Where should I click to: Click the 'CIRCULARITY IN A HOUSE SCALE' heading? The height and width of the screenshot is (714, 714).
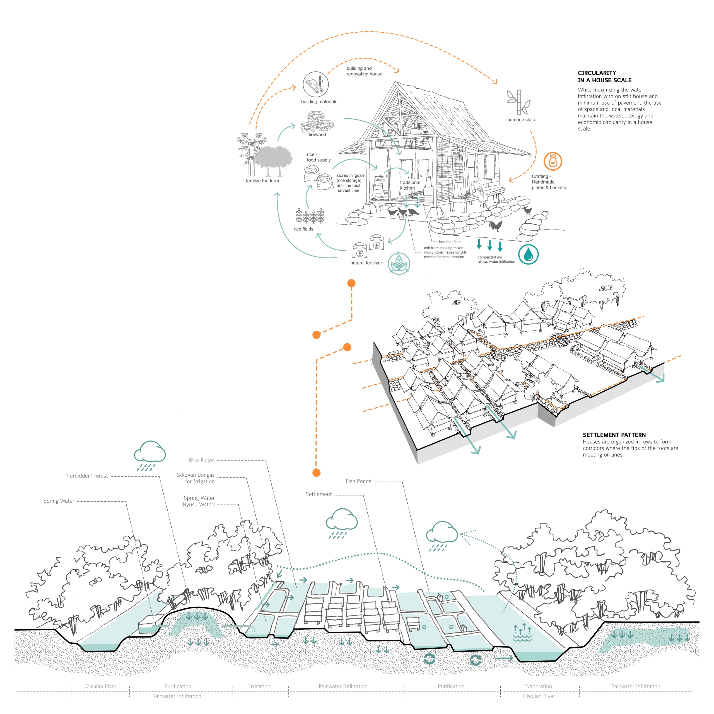pyautogui.click(x=605, y=76)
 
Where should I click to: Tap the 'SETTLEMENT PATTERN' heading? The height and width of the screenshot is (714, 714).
pyautogui.click(x=614, y=435)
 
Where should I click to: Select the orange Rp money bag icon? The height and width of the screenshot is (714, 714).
pyautogui.click(x=553, y=161)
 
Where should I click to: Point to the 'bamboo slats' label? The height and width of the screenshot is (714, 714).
pyautogui.click(x=521, y=120)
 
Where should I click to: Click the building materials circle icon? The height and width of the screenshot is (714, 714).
pyautogui.click(x=316, y=84)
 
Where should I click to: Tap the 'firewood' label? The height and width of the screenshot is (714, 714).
pyautogui.click(x=317, y=134)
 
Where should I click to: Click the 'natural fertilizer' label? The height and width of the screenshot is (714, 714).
pyautogui.click(x=366, y=263)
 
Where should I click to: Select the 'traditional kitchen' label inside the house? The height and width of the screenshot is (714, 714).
pyautogui.click(x=410, y=185)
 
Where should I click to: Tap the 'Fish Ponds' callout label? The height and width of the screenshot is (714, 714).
pyautogui.click(x=358, y=481)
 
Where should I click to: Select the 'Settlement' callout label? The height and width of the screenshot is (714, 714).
pyautogui.click(x=319, y=494)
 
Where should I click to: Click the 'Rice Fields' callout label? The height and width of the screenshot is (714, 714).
pyautogui.click(x=201, y=460)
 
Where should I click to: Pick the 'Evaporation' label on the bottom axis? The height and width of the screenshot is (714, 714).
pyautogui.click(x=538, y=686)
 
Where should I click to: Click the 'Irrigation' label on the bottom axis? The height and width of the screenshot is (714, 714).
pyautogui.click(x=259, y=686)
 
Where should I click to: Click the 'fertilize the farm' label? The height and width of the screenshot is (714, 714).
pyautogui.click(x=262, y=181)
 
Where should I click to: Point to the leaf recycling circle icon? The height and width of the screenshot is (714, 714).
pyautogui.click(x=399, y=263)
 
